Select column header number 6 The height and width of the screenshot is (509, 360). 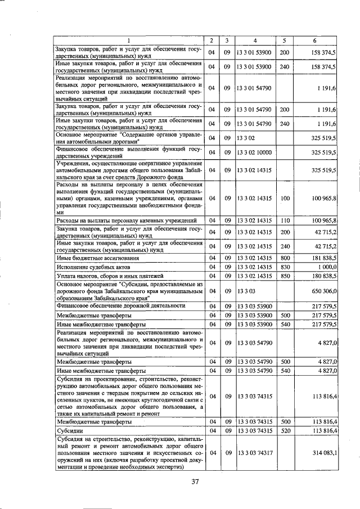click(x=315, y=40)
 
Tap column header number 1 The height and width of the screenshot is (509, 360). click(x=128, y=40)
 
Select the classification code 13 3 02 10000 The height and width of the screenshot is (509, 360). click(x=254, y=152)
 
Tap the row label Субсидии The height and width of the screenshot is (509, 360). click(x=70, y=430)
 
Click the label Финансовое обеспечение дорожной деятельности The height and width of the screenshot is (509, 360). click(x=121, y=306)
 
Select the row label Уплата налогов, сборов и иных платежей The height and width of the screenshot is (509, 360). click(x=110, y=276)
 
